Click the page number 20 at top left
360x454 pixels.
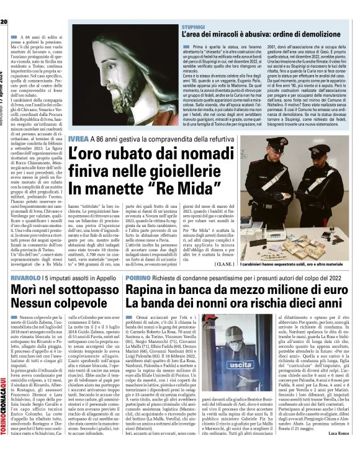click(x=4, y=4)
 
